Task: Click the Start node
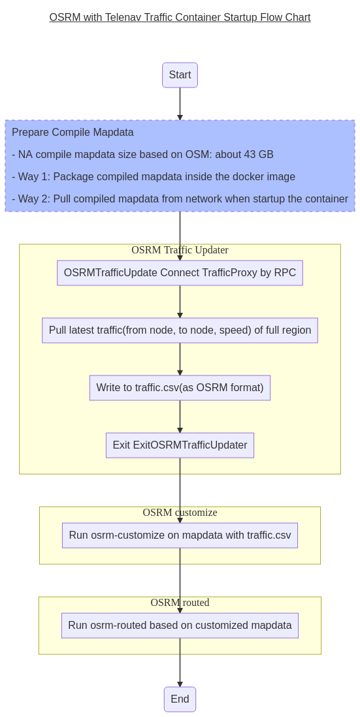(180, 75)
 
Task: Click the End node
(180, 699)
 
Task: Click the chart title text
(180, 18)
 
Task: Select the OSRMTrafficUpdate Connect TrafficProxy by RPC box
(180, 273)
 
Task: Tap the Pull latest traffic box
(180, 330)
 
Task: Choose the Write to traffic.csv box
(180, 388)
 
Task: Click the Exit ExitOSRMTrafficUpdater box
(180, 445)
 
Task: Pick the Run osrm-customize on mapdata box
(180, 535)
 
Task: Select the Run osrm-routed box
(180, 626)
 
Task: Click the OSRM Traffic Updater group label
(180, 250)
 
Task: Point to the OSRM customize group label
(180, 513)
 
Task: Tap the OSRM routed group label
(180, 603)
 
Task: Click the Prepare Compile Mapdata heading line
(73, 133)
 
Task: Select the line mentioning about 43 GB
(142, 155)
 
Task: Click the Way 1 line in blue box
(154, 177)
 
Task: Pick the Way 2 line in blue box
(180, 199)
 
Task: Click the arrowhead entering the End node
(180, 684)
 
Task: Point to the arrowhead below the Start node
(180, 118)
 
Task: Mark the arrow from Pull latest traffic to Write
(180, 359)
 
